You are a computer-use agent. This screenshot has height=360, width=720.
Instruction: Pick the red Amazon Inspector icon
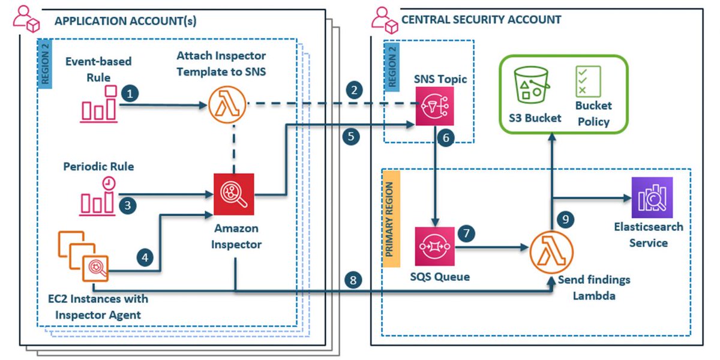click(x=234, y=193)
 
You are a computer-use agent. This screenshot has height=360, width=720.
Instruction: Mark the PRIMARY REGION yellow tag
click(x=391, y=220)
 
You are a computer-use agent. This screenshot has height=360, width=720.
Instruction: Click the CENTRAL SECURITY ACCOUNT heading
click(x=481, y=20)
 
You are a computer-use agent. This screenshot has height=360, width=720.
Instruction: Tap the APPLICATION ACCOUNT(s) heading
click(x=125, y=22)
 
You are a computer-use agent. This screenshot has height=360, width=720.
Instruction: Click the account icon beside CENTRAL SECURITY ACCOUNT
click(x=384, y=20)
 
